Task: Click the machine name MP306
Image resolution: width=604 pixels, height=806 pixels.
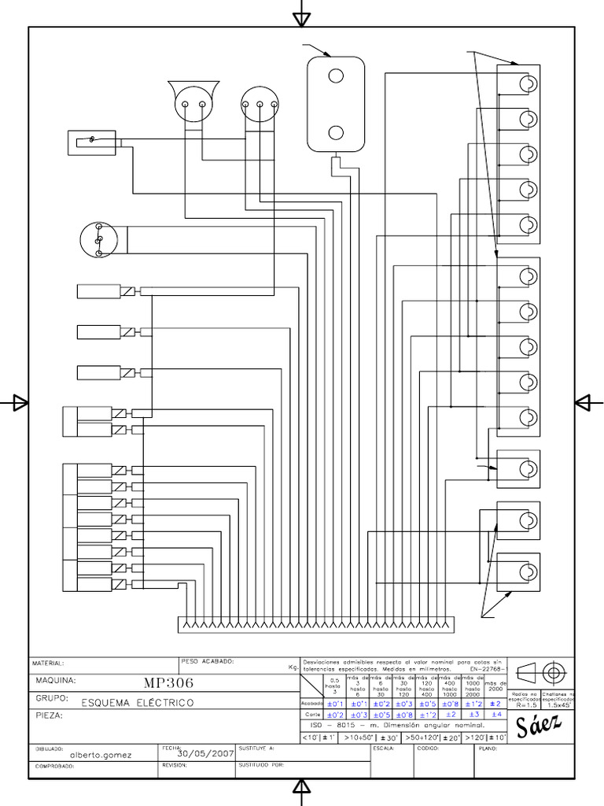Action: (169, 682)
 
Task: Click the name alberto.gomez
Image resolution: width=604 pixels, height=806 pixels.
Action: (101, 754)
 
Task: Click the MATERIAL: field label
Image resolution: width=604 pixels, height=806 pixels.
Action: (48, 663)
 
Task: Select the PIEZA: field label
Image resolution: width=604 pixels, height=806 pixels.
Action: (48, 716)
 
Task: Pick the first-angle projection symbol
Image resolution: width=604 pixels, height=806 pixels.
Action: (543, 673)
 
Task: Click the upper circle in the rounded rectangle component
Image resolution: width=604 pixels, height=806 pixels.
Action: (336, 76)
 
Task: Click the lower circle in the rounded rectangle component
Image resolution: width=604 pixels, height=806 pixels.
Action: (336, 132)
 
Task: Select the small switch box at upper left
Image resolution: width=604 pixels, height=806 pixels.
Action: (93, 142)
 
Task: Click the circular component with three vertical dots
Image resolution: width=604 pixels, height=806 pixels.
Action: (99, 239)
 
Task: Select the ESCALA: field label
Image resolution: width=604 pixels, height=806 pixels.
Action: (381, 749)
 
